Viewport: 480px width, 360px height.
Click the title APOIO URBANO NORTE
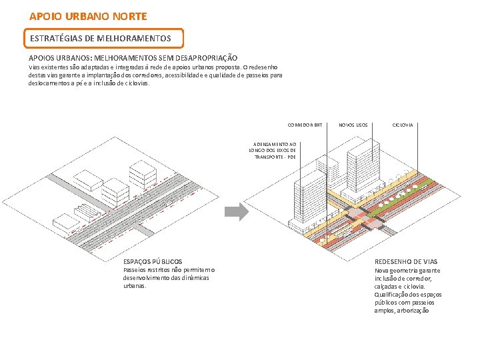(88, 15)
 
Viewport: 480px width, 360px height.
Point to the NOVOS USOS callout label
(353, 125)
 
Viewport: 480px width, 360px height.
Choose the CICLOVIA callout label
(402, 125)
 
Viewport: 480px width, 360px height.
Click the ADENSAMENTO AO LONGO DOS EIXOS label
(272, 151)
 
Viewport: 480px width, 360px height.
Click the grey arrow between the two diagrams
(236, 212)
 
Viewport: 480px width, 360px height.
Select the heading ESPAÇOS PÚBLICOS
(153, 261)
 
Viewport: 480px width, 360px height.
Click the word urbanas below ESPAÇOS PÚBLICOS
(134, 286)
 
